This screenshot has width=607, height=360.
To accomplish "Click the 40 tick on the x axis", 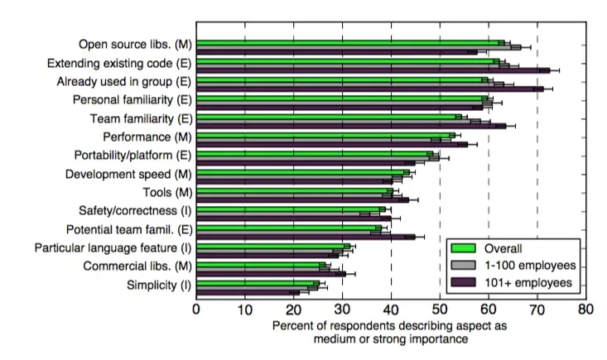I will [x=391, y=309].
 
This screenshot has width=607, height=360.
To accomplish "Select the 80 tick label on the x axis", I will [x=585, y=309].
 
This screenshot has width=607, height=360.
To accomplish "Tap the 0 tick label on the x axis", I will [x=196, y=309].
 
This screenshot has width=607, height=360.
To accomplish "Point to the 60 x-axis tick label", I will [x=488, y=309].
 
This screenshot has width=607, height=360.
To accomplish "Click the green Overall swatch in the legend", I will [x=465, y=247].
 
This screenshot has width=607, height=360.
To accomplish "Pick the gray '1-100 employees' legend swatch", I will [x=465, y=265].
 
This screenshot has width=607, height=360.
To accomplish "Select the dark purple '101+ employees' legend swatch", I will [x=465, y=283].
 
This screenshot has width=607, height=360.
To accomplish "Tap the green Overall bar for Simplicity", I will [x=258, y=282].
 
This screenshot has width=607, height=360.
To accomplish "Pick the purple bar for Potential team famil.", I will [x=306, y=237].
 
